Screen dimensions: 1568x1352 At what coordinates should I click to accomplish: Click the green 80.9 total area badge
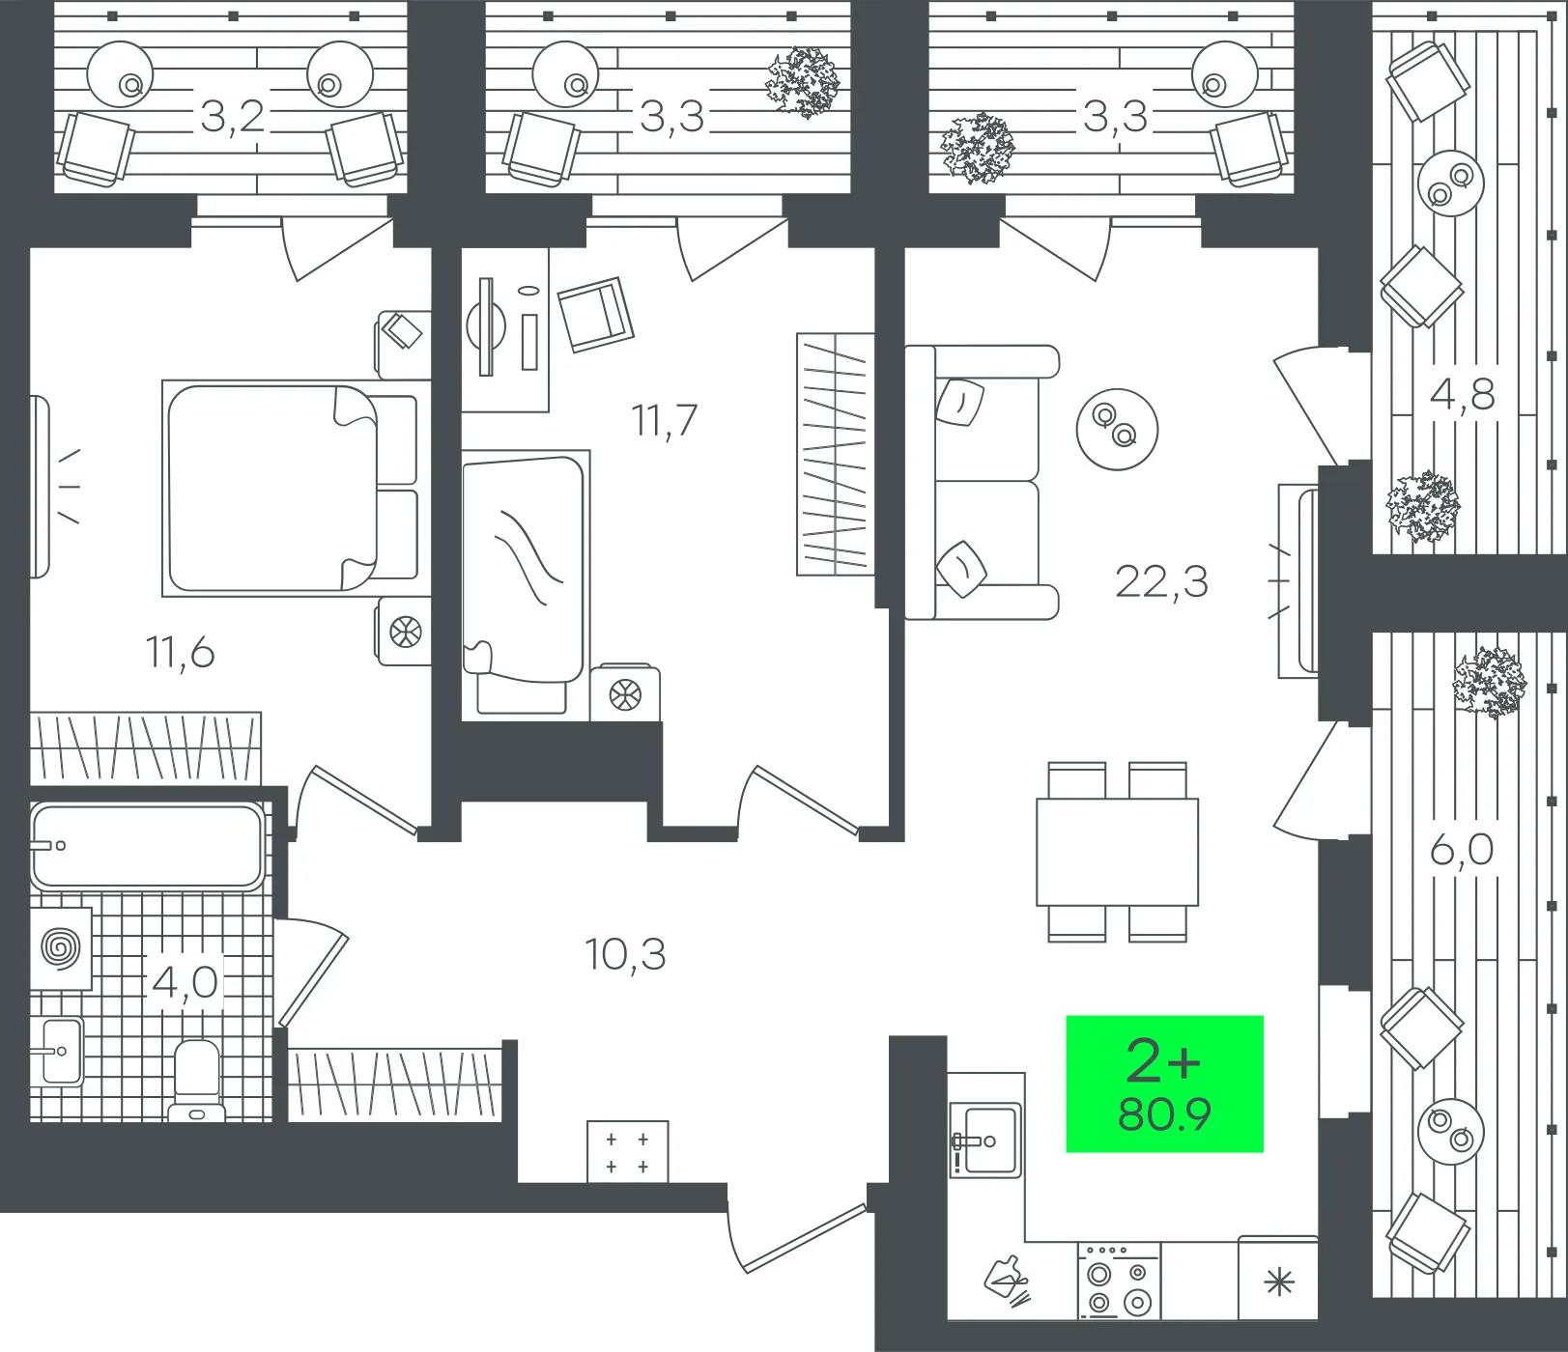click(1164, 1084)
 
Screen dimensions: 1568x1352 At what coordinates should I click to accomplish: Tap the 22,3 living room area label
click(1161, 582)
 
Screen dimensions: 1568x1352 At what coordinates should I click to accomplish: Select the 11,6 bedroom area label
click(180, 653)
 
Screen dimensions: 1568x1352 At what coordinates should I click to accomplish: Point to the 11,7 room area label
click(664, 420)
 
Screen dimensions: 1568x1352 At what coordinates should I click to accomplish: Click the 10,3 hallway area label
click(625, 954)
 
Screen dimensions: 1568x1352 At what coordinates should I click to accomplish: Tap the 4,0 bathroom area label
click(185, 982)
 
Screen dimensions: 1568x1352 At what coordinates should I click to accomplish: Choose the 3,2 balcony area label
click(232, 117)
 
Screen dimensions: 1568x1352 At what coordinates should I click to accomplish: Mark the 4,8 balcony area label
click(1462, 394)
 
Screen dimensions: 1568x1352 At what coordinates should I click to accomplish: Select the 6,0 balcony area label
click(1462, 850)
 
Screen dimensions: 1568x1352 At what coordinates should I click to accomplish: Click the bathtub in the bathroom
click(148, 846)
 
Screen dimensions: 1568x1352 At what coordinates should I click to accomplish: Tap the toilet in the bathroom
click(197, 1081)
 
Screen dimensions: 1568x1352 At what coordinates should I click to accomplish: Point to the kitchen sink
click(985, 1141)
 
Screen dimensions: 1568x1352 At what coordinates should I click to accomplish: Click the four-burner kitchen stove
click(1120, 1281)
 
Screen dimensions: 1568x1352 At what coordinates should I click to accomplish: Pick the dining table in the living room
click(1118, 852)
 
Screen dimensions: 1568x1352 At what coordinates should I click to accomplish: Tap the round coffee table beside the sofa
click(1117, 429)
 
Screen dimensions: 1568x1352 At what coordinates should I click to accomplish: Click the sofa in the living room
click(982, 482)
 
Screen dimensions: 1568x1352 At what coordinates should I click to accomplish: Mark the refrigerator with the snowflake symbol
click(1278, 1278)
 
